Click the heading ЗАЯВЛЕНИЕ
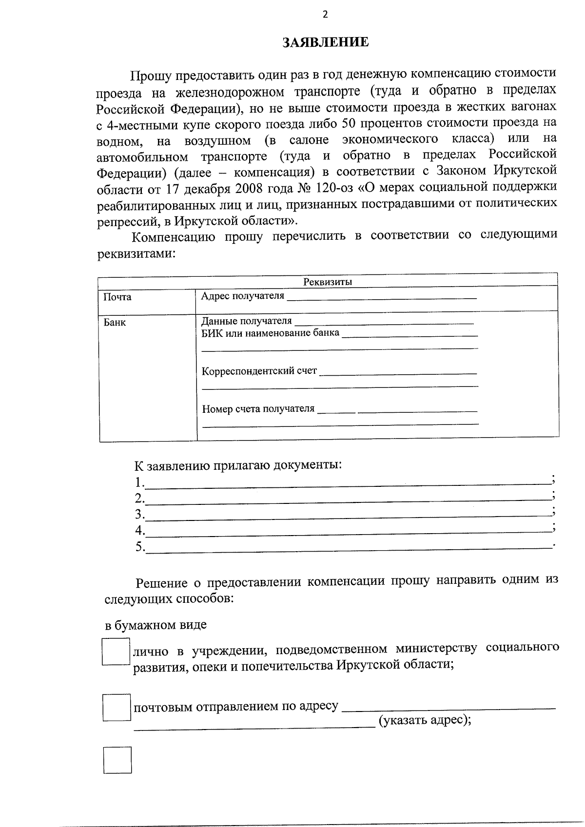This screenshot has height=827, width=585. click(325, 42)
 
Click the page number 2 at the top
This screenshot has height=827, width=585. click(325, 14)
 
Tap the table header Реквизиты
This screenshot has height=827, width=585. click(328, 282)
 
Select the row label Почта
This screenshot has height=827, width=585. click(117, 297)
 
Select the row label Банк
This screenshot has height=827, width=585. click(115, 322)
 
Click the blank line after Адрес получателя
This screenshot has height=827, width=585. click(381, 297)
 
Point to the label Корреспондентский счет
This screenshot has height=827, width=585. click(259, 371)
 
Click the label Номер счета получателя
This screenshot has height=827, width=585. click(258, 408)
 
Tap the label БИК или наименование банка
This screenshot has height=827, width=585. click(271, 333)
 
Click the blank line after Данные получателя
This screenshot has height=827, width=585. click(384, 322)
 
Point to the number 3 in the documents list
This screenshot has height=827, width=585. click(139, 514)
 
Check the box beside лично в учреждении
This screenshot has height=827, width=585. click(116, 652)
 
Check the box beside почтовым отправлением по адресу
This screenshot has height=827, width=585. click(117, 708)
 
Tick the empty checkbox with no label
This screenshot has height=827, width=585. click(117, 760)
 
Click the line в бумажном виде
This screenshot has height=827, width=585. click(156, 625)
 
